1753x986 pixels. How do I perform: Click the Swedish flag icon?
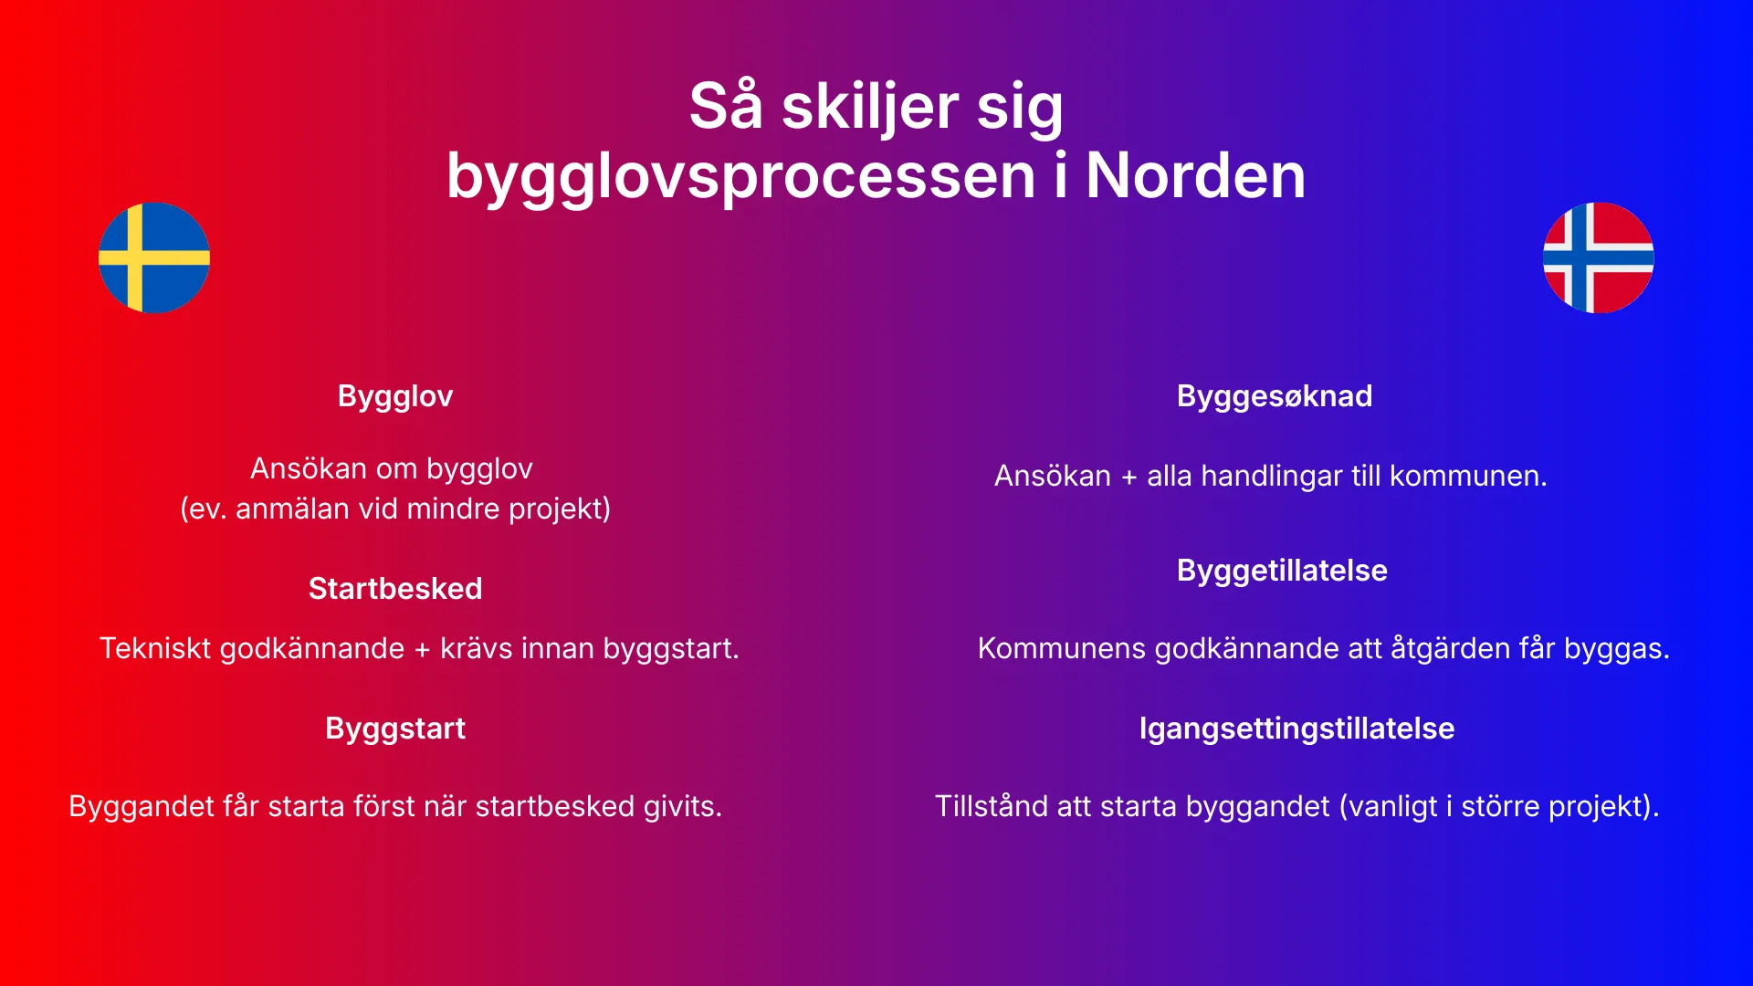pyautogui.click(x=154, y=257)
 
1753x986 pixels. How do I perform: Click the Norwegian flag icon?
pyautogui.click(x=1598, y=257)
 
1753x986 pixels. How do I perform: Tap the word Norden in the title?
pyautogui.click(x=1195, y=175)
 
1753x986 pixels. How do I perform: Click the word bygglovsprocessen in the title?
pyautogui.click(x=740, y=175)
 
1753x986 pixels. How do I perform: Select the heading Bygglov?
pyautogui.click(x=394, y=396)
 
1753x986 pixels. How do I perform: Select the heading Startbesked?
pyautogui.click(x=394, y=589)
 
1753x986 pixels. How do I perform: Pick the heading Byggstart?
pyautogui.click(x=394, y=729)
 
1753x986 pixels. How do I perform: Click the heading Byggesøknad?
pyautogui.click(x=1274, y=396)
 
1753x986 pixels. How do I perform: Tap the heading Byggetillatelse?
pyautogui.click(x=1281, y=571)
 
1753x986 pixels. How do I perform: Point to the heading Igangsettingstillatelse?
pyautogui.click(x=1296, y=729)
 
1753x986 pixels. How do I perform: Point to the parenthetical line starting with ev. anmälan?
pyautogui.click(x=394, y=509)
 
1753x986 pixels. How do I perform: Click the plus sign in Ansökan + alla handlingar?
pyautogui.click(x=1129, y=477)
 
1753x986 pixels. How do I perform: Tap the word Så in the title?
pyautogui.click(x=725, y=106)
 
